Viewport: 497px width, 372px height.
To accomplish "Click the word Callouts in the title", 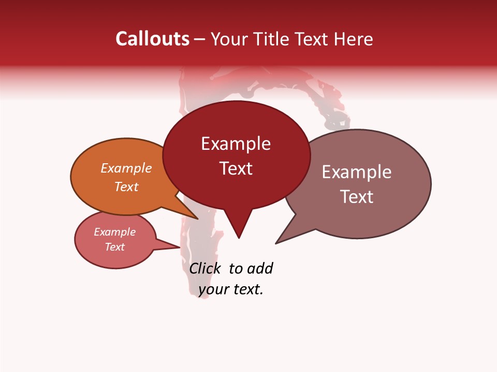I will coord(152,39).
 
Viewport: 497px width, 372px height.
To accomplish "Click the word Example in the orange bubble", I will coord(126,168).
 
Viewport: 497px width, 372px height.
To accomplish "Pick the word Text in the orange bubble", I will coord(126,187).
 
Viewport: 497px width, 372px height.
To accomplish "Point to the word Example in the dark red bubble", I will coord(236,144).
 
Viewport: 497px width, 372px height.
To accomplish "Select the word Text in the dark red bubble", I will coord(236,168).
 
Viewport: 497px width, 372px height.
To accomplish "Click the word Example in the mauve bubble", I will coord(357,172).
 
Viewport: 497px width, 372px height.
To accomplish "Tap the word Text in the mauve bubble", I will coord(357,197).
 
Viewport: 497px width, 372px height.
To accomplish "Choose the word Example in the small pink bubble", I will coord(115,232).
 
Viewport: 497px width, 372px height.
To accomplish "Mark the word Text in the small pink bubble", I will coord(115,247).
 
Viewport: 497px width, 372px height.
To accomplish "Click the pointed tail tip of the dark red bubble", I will coord(239,238).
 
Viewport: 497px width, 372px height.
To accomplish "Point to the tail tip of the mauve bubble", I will coord(276,243).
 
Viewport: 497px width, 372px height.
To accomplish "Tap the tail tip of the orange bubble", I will coord(197,219).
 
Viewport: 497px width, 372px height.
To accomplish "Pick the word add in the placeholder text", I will coord(260,268).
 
